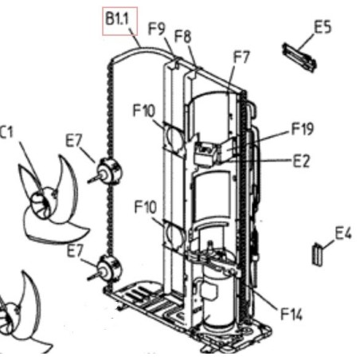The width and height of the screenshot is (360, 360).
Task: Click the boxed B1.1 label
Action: [x=120, y=22]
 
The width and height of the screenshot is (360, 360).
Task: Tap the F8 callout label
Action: [x=182, y=36]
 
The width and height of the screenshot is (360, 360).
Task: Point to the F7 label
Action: [x=241, y=57]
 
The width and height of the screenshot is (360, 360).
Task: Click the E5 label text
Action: [x=323, y=27]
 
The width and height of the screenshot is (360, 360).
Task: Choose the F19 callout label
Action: [x=303, y=129]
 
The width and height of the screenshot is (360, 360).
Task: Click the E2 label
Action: [x=301, y=161]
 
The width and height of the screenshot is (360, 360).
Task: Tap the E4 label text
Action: [x=343, y=233]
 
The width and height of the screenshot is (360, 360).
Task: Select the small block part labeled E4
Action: [x=317, y=254]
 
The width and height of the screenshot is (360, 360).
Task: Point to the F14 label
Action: [x=292, y=314]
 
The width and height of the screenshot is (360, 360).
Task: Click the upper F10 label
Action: [x=143, y=111]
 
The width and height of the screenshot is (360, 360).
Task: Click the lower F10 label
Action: [x=146, y=207]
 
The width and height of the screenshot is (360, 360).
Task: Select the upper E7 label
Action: [x=74, y=141]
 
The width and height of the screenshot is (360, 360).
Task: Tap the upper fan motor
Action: [x=108, y=171]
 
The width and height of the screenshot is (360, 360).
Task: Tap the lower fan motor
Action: [x=108, y=268]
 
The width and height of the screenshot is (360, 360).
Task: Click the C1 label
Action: [x=6, y=132]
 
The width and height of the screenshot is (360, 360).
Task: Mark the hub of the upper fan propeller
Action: [x=42, y=202]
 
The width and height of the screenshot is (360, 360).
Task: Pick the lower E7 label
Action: [x=75, y=251]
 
